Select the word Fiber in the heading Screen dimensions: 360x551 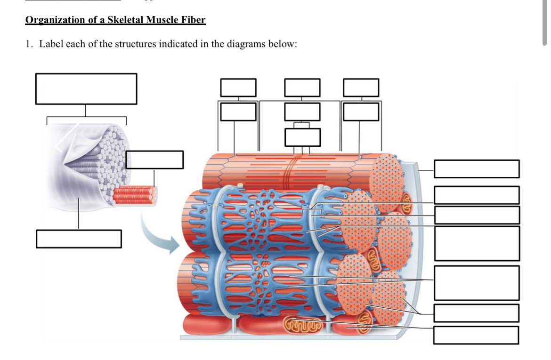(194, 20)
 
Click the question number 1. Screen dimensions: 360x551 (29, 45)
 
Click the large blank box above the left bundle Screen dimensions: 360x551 (86, 88)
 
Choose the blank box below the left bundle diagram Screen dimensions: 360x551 (79, 238)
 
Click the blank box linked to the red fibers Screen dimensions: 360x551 (154, 159)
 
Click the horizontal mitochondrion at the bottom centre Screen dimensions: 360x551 (304, 324)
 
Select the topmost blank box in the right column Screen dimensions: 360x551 (477, 169)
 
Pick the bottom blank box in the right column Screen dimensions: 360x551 (476, 335)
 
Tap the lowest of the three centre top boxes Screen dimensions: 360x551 (302, 137)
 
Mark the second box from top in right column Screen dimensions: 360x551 (477, 195)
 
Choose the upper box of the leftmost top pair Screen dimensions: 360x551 (239, 88)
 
